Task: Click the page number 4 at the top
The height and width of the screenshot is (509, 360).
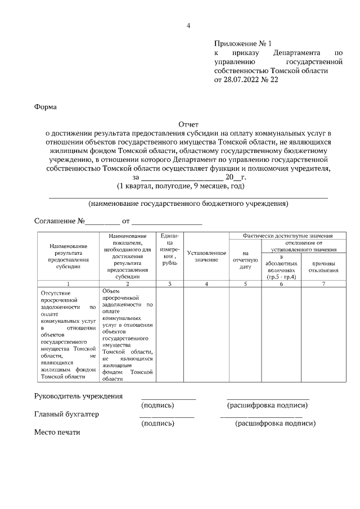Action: [188, 25]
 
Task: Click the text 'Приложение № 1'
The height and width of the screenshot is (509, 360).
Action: [242, 44]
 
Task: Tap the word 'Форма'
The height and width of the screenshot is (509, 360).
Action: [46, 106]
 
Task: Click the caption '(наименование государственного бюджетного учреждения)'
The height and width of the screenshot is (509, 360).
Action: [188, 204]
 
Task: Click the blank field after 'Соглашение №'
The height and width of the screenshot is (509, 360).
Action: [102, 222]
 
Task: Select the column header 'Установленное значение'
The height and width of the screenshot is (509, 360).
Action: [206, 256]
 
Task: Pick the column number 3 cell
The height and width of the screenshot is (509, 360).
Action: [169, 284]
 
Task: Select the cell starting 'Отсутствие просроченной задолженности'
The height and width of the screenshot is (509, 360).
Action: [69, 335]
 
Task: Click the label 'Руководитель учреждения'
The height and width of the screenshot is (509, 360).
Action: [78, 396]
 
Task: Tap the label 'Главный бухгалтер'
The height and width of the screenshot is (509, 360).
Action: [66, 415]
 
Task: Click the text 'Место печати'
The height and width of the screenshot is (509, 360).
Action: [57, 433]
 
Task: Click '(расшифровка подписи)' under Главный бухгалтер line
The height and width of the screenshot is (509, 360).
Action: [275, 424]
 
